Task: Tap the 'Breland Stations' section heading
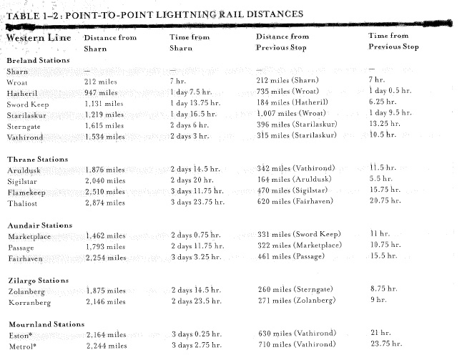(39, 60)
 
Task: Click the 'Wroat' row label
(18, 82)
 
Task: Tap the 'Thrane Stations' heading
(37, 159)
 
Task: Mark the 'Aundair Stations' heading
(39, 225)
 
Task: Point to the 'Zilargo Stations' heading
(38, 281)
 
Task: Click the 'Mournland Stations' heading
(46, 324)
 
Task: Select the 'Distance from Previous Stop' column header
(282, 42)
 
